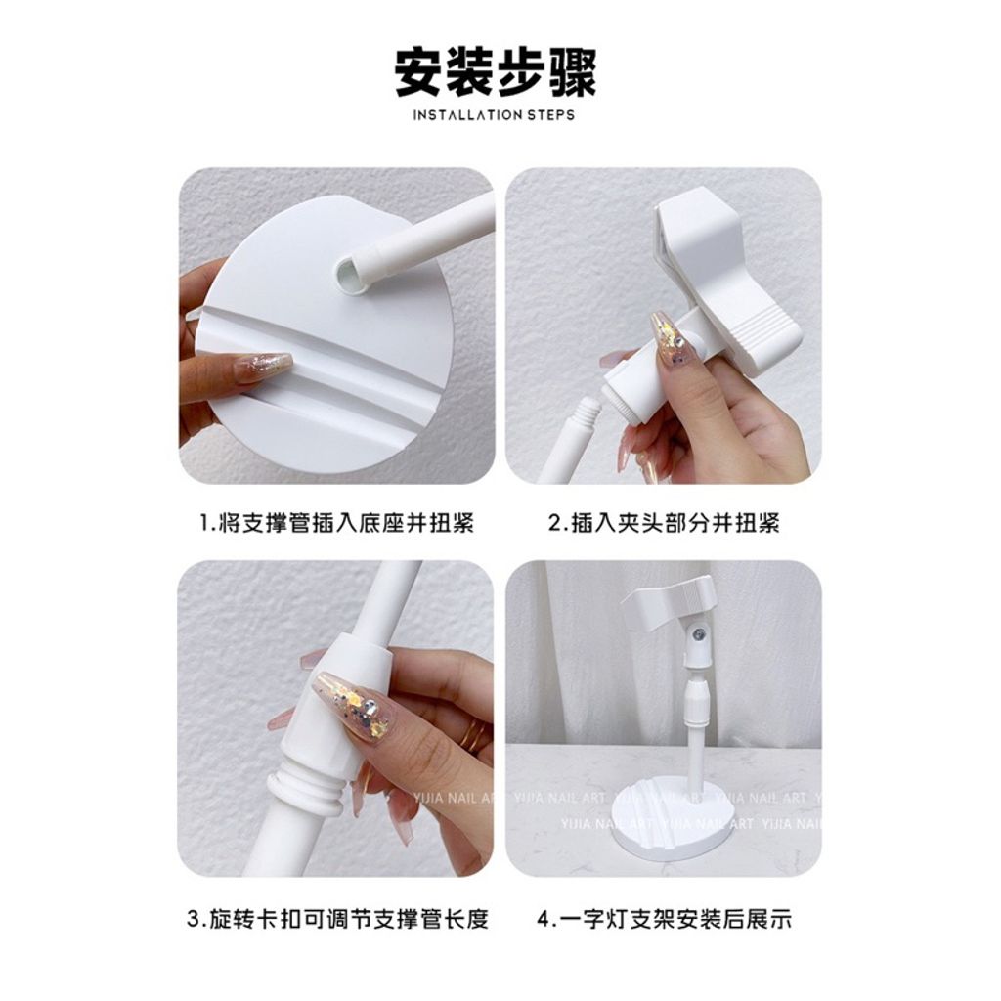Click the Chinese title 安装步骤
point(496,72)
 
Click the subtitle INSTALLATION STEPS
point(494,115)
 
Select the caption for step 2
point(664,524)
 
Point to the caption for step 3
point(337,919)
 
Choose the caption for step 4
point(664,919)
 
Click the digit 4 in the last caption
point(544,920)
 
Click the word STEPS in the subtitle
point(551,115)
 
